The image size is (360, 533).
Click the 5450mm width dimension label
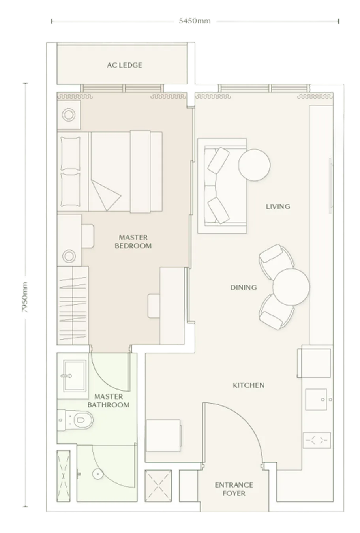click(x=195, y=21)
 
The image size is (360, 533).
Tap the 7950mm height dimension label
click(x=25, y=297)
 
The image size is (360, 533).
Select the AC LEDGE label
click(x=124, y=65)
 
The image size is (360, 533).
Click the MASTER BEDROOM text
click(x=133, y=242)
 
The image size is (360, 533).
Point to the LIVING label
click(x=278, y=206)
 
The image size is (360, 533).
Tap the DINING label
click(x=244, y=287)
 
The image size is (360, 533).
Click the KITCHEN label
click(x=249, y=385)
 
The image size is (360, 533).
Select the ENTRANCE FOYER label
click(x=234, y=489)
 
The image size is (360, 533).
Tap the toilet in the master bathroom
click(x=76, y=420)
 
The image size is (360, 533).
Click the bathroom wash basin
click(x=74, y=376)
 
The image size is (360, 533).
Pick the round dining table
click(x=291, y=287)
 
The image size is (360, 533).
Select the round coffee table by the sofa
click(x=254, y=165)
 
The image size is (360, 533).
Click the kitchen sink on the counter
click(x=316, y=400)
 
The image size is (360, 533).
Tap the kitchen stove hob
click(x=317, y=440)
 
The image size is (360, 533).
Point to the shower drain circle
click(x=97, y=474)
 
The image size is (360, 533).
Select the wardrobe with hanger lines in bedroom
click(x=73, y=305)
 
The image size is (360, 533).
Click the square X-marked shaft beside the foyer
click(x=158, y=486)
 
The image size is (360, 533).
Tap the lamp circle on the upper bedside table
click(x=69, y=115)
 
